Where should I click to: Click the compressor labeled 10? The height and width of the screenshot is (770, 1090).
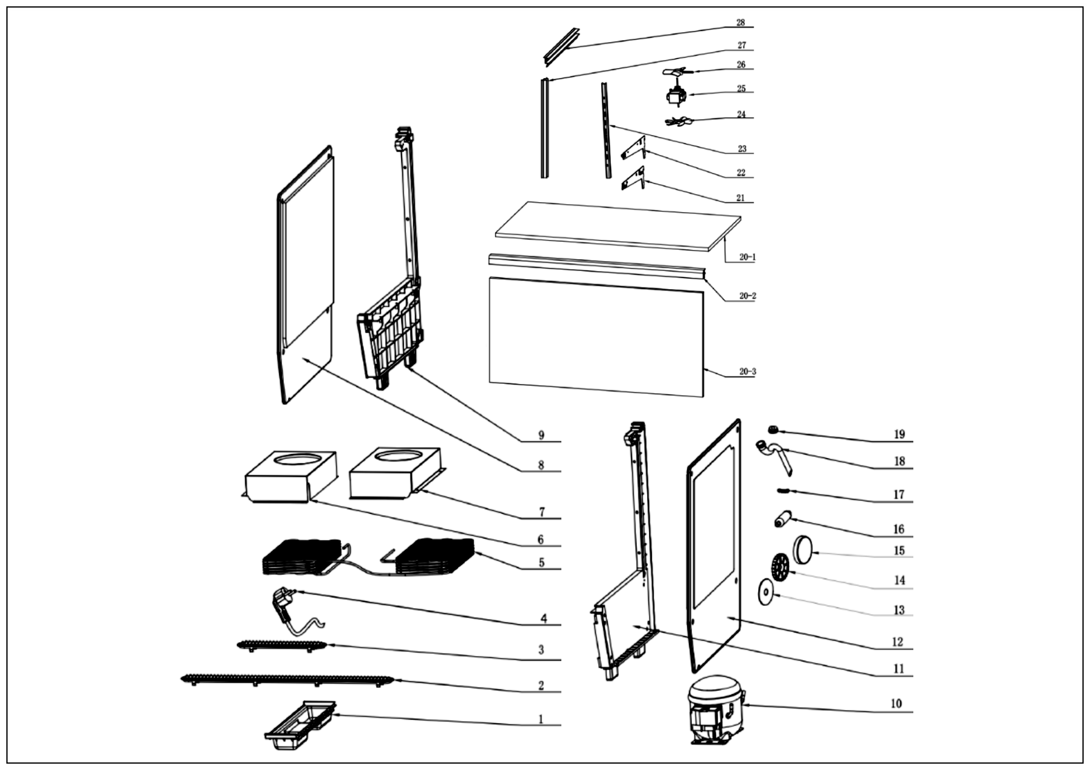(715, 710)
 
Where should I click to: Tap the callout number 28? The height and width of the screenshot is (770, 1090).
(741, 22)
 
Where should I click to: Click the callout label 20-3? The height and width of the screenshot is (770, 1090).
(747, 371)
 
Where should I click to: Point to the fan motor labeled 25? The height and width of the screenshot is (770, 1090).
(676, 95)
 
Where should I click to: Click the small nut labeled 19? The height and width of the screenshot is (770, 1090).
(773, 430)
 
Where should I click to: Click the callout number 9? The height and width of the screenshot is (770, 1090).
(541, 435)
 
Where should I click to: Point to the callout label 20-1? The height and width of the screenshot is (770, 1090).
(747, 257)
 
